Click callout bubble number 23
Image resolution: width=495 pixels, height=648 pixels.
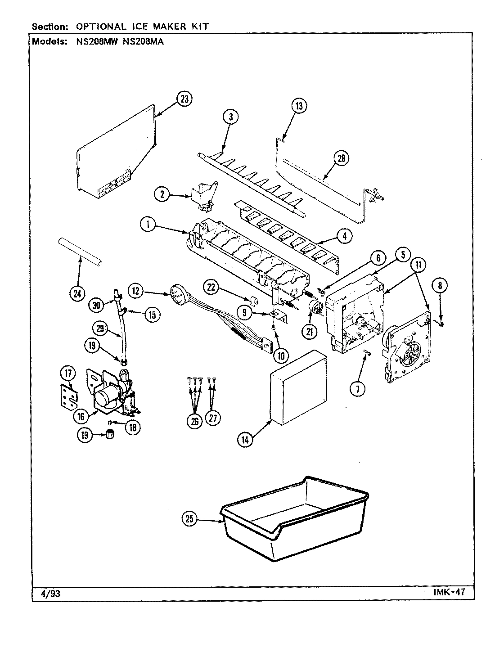tap(184, 99)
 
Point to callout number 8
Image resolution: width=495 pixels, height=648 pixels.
tap(440, 284)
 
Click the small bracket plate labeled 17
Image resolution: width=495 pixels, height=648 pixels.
tap(69, 396)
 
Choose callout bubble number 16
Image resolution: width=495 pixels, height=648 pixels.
tap(81, 416)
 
